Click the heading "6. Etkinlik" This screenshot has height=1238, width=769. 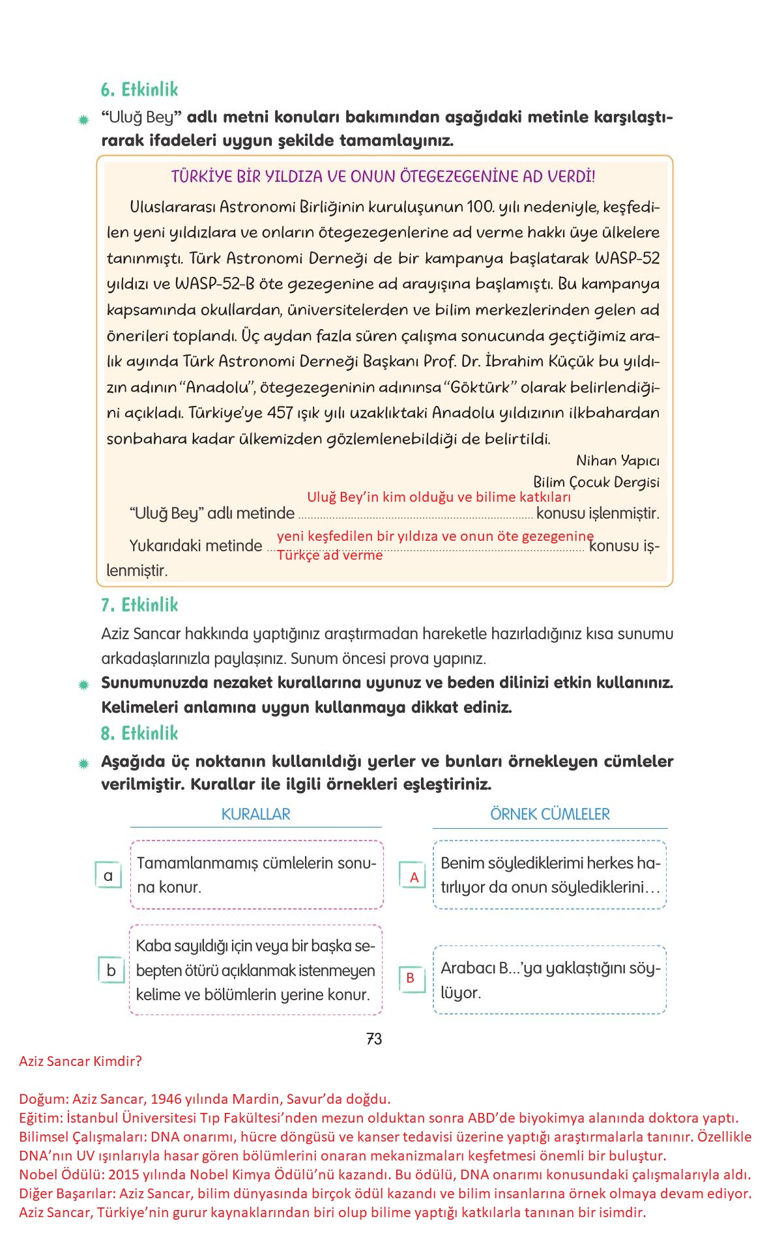[139, 89]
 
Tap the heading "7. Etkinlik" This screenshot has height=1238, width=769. [139, 605]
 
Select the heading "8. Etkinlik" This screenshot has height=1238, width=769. [139, 733]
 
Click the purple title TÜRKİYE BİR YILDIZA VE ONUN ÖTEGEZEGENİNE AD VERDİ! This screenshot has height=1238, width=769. [383, 177]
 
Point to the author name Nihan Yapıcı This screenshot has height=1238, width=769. [617, 461]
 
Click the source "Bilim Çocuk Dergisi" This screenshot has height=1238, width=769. [596, 482]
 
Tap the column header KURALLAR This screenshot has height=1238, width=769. [255, 814]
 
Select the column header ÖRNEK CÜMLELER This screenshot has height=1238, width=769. [549, 814]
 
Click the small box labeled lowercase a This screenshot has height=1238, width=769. [108, 875]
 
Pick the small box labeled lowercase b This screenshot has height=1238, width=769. [111, 970]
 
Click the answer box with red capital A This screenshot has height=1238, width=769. [413, 877]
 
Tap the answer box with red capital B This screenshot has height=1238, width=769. [411, 977]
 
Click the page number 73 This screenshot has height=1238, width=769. [374, 1039]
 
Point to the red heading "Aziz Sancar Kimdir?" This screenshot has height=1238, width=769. [80, 1061]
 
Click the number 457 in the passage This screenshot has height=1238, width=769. [280, 413]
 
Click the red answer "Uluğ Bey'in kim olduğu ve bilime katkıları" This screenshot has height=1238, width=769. [439, 497]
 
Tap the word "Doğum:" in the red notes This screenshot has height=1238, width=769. [44, 1099]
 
